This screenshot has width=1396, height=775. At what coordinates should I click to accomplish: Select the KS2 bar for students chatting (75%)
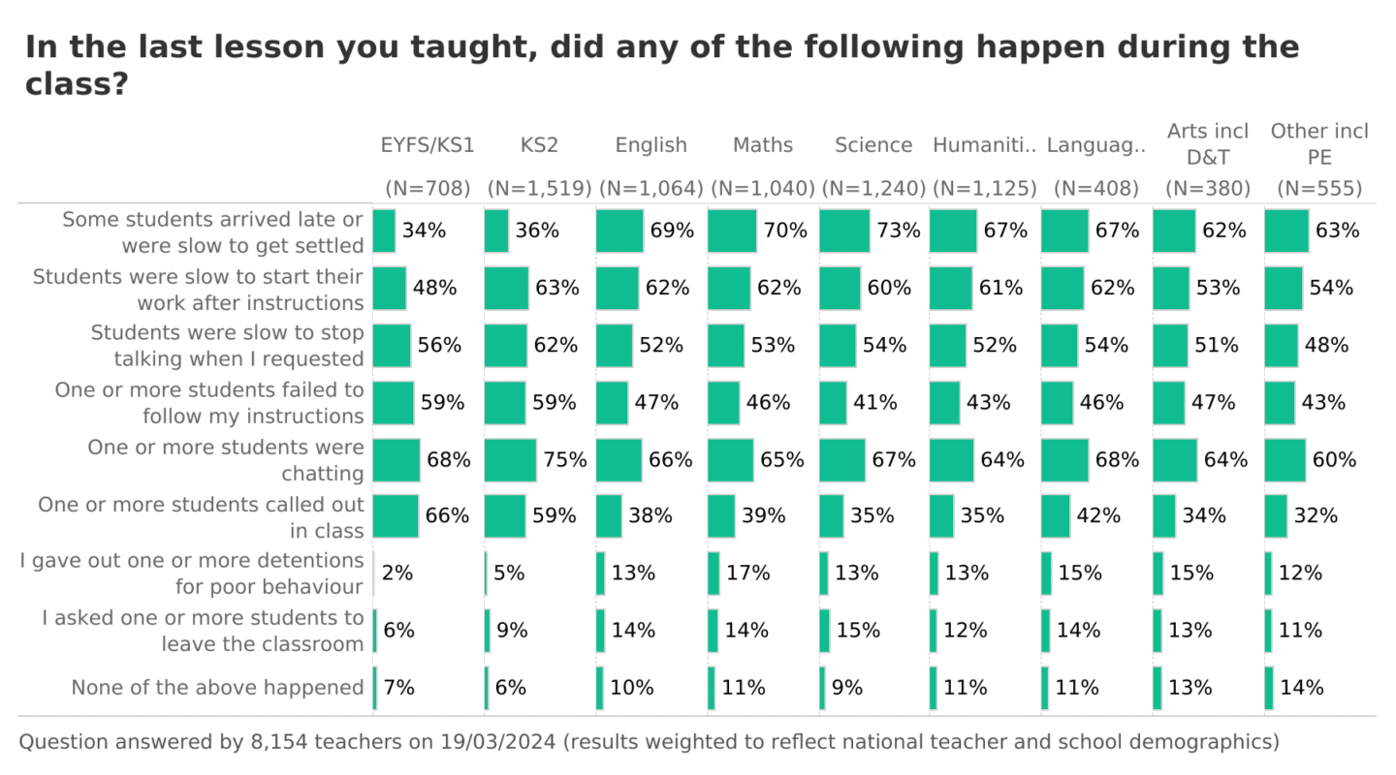pos(510,459)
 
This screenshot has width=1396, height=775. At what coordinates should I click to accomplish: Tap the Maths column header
pos(763,145)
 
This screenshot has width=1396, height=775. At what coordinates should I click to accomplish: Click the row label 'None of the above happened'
pos(217,688)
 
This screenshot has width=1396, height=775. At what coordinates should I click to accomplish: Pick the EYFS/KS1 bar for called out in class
pos(396,516)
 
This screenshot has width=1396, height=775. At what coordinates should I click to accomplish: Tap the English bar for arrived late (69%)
pos(619,231)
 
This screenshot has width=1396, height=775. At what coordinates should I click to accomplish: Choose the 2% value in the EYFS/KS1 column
pos(397,573)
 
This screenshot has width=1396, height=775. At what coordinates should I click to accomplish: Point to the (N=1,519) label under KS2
pos(539,188)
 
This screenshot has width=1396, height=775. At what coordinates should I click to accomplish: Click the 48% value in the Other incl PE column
pos(1324,345)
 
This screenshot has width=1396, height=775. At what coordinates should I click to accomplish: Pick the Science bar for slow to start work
pos(840,288)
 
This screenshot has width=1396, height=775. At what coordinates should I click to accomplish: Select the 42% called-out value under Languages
pos(1097,516)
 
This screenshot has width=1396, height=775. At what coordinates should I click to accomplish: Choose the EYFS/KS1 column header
pos(428,145)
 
